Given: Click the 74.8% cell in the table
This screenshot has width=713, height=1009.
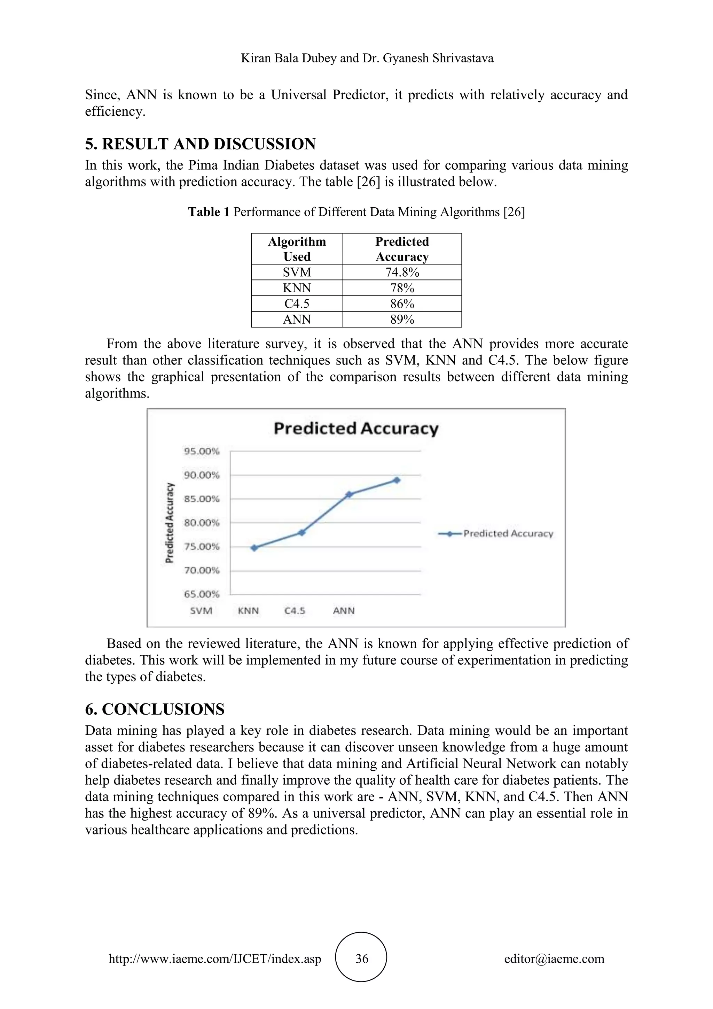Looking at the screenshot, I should tap(402, 272).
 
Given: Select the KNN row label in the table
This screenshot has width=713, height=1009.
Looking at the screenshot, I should tap(297, 288).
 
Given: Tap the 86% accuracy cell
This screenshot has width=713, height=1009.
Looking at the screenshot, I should tap(402, 304).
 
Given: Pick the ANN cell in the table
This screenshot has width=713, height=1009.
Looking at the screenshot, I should tap(297, 319).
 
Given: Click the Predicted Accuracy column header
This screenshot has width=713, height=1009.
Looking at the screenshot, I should tap(402, 249).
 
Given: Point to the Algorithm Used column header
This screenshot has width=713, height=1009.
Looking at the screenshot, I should tap(297, 249).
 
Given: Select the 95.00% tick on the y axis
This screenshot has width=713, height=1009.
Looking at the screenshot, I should tap(202, 451).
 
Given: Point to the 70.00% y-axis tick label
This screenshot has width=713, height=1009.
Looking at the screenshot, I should tap(202, 570).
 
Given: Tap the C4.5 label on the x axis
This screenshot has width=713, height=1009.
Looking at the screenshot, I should tap(295, 611).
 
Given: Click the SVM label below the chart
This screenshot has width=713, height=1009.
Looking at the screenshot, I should tap(201, 611).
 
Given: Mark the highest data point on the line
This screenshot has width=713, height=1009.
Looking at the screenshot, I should tap(397, 480).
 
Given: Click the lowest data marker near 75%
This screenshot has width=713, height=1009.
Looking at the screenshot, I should tap(254, 548).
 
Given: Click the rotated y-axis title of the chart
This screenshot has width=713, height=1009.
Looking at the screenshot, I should tap(170, 523).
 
